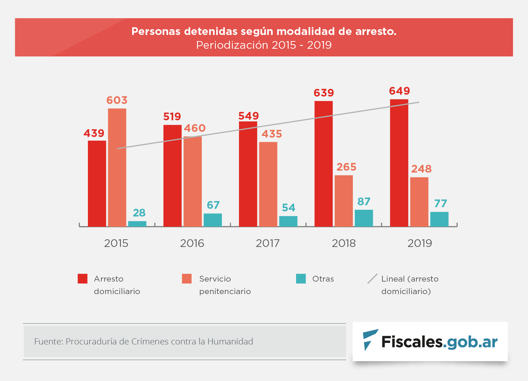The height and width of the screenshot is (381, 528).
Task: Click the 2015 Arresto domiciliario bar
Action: (x=97, y=183)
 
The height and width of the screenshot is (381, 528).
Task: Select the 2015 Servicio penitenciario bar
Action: (x=117, y=167)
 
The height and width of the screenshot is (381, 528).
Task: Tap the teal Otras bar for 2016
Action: (x=213, y=220)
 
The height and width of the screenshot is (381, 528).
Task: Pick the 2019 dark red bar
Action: (x=399, y=163)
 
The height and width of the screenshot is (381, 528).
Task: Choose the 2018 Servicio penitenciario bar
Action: (x=344, y=201)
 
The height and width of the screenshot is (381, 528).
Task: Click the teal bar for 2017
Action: (x=288, y=221)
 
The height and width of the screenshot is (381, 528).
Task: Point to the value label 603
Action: (x=117, y=100)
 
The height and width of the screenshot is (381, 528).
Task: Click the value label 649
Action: (x=399, y=91)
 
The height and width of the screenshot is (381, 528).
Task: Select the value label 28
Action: (x=139, y=213)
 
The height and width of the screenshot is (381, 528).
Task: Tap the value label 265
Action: (x=346, y=167)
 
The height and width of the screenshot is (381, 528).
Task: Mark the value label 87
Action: (x=364, y=202)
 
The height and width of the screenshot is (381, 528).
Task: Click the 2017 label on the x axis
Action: (x=268, y=243)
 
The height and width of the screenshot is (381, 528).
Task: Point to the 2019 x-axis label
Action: (x=420, y=243)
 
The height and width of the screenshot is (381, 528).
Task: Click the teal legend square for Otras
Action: (x=301, y=279)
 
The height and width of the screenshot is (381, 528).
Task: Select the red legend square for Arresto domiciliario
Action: (x=82, y=279)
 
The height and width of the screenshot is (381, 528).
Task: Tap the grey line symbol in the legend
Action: (x=372, y=279)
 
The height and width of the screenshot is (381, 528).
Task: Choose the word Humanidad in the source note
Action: (x=230, y=342)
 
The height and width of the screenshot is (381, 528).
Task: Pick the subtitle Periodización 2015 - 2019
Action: (x=264, y=45)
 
